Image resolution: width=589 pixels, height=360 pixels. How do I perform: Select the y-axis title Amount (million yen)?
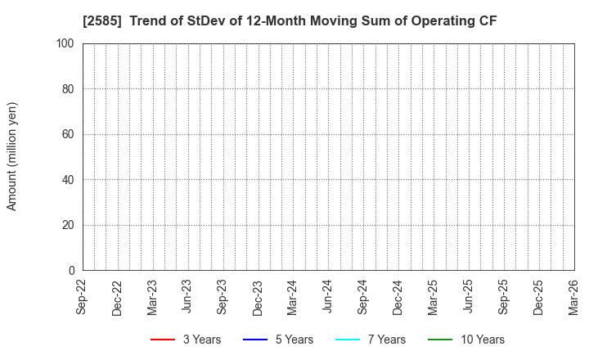click(x=12, y=156)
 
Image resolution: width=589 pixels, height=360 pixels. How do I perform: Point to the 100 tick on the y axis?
click(x=66, y=43)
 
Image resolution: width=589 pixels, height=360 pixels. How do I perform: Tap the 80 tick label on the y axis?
click(x=70, y=88)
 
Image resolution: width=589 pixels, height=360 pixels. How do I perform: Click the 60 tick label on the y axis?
click(x=70, y=134)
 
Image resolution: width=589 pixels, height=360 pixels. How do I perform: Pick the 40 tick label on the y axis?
click(x=70, y=180)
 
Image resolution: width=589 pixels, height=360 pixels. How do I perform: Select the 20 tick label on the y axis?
click(x=70, y=225)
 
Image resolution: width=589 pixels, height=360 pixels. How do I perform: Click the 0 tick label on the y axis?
click(x=73, y=271)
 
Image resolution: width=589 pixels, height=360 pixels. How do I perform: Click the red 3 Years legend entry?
click(x=186, y=340)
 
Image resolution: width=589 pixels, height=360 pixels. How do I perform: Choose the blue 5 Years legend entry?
click(x=278, y=340)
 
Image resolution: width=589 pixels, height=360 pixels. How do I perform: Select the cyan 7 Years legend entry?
click(x=371, y=340)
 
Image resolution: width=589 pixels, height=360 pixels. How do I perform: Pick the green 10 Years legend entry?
click(x=466, y=340)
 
